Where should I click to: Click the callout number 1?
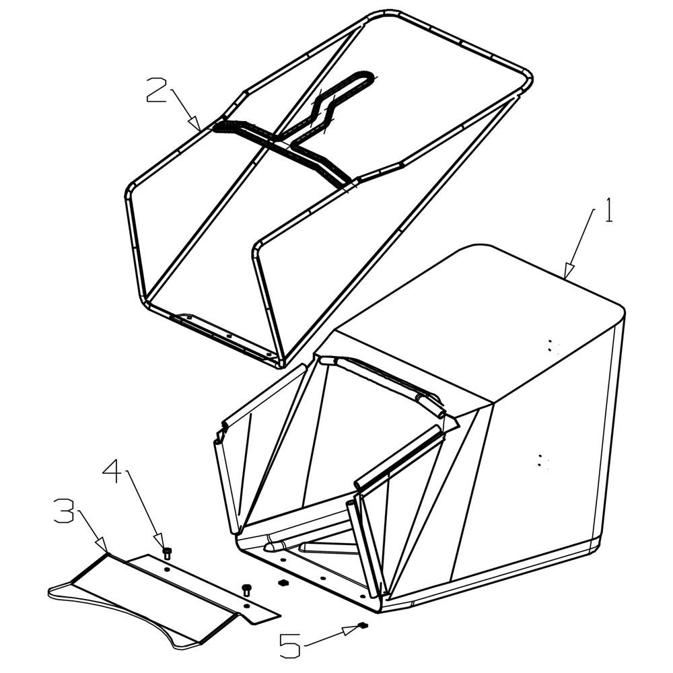[609, 210]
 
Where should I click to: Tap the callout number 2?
[157, 90]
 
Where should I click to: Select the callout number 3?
[65, 510]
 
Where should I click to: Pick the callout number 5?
[290, 646]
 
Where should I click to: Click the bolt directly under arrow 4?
[167, 553]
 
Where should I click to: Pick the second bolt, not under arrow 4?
[246, 590]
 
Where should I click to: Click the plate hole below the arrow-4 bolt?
[167, 569]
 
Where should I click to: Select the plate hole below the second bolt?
[246, 605]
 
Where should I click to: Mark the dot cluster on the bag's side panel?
[542, 461]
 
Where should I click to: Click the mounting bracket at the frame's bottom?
[223, 334]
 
